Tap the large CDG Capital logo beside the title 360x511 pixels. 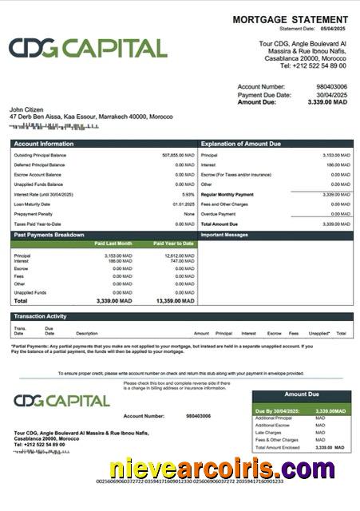click(x=88, y=48)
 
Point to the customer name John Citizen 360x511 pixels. click(x=26, y=109)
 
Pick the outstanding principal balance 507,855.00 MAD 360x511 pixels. click(x=178, y=155)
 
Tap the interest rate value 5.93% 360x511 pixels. click(x=188, y=194)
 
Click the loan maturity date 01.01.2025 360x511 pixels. click(x=184, y=204)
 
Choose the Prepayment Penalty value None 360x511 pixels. click(x=189, y=214)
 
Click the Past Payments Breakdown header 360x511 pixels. click(x=49, y=235)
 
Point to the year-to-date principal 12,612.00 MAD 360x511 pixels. click(x=179, y=255)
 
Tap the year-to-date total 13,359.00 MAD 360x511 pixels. click(x=176, y=302)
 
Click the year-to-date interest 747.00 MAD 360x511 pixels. click(x=183, y=261)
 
